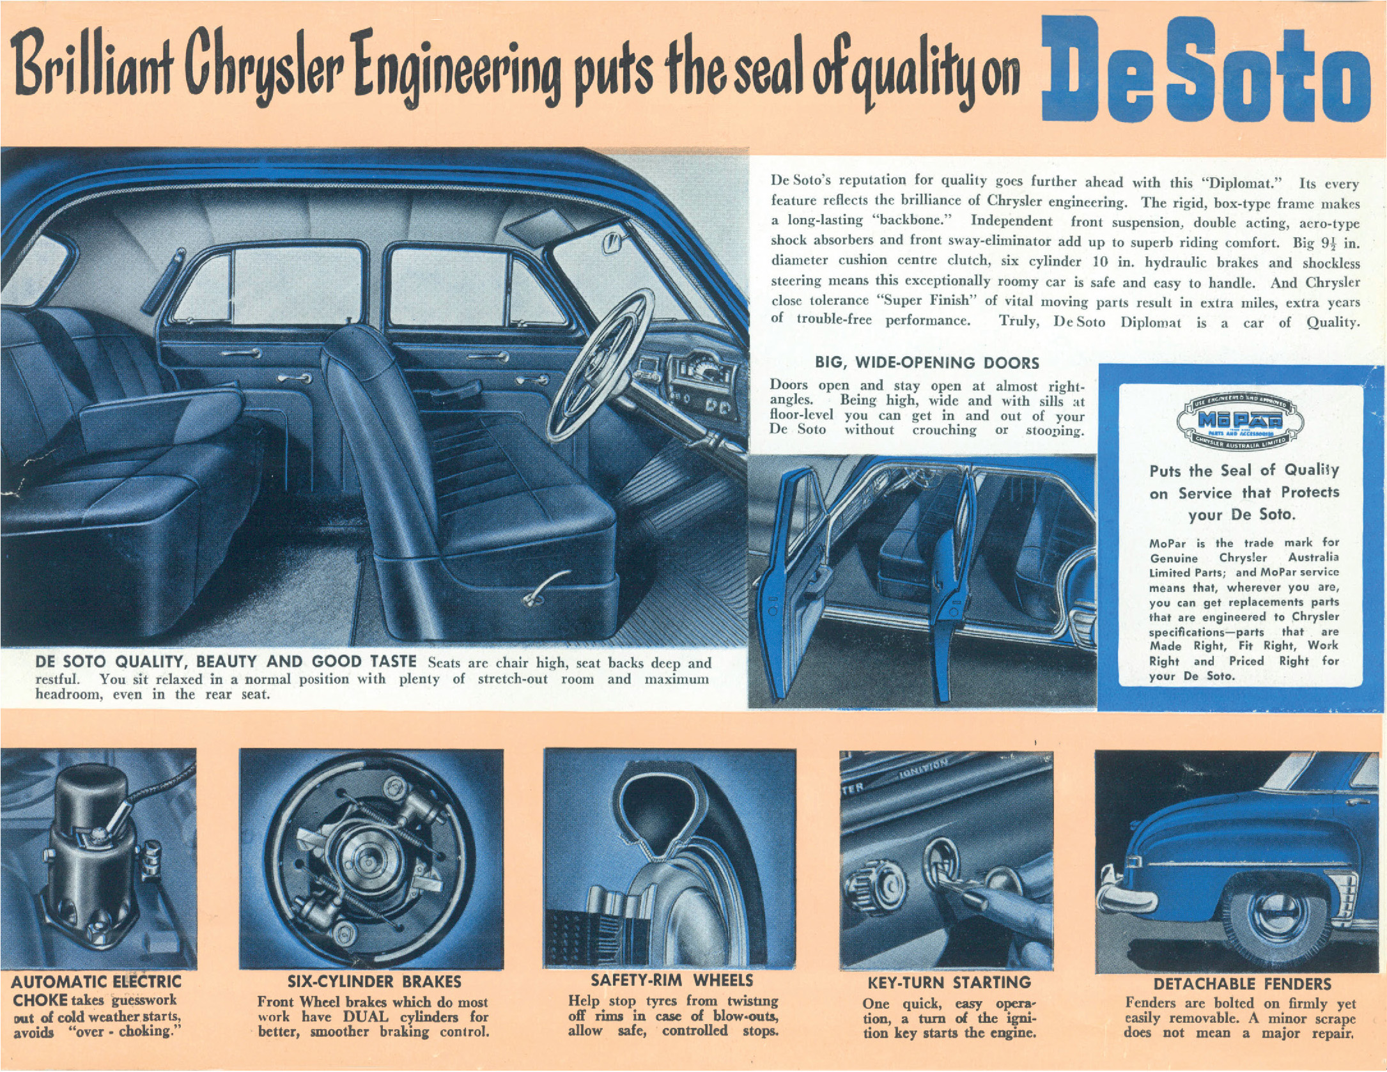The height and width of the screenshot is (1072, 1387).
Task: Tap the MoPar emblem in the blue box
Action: [1240, 419]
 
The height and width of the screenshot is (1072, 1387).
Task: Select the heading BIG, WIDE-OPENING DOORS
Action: [927, 363]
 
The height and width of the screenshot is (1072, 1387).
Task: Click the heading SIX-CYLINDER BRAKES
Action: [374, 982]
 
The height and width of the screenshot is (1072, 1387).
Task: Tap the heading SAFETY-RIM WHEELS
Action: [672, 981]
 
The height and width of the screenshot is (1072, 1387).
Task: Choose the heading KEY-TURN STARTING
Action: [949, 983]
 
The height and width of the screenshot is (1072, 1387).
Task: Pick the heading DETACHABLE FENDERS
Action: [1243, 984]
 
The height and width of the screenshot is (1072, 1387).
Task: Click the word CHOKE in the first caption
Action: [40, 1000]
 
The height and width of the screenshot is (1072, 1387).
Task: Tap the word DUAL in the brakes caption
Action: [365, 1017]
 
